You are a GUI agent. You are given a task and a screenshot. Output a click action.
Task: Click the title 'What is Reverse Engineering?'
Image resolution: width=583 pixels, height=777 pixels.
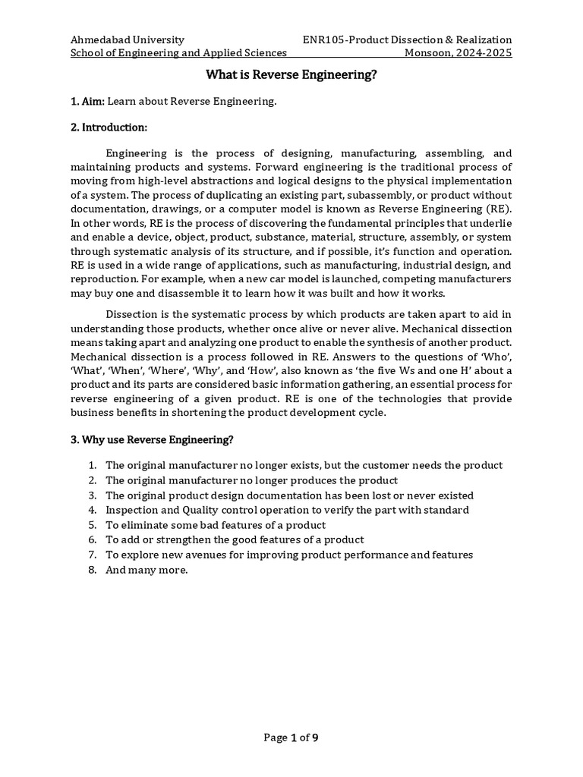291,75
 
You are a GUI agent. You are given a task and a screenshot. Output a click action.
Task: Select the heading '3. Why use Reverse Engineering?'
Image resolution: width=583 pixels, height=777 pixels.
152,439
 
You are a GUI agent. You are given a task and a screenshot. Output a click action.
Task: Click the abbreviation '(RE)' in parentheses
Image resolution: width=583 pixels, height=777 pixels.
496,209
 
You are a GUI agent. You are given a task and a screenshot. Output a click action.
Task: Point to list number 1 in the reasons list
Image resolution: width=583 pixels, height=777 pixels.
91,465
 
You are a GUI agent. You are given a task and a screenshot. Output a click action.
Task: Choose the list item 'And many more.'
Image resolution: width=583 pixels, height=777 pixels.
147,570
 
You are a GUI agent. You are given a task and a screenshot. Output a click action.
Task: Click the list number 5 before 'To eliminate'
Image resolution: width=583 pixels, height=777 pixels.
91,525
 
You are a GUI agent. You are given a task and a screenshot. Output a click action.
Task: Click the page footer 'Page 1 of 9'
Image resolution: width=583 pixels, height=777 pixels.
291,738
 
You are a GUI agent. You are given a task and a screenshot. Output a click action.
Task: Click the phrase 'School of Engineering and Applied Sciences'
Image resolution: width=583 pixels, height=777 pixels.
178,53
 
